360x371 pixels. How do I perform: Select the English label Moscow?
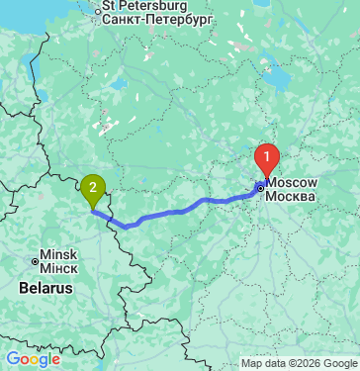point(293,183)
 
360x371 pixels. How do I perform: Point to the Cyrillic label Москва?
point(293,196)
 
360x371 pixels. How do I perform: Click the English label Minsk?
point(57,253)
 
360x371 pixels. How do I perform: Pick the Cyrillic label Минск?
point(58,267)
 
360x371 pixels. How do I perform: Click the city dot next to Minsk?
point(35,261)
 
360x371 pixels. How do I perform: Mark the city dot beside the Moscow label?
point(260,187)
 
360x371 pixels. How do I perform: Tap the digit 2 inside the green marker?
point(93,184)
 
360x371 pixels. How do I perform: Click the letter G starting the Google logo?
point(12,359)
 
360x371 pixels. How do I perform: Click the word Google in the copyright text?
point(337,361)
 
